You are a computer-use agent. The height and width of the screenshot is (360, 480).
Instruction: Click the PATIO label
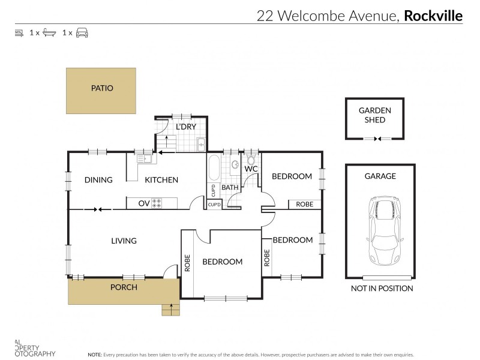coord(102,88)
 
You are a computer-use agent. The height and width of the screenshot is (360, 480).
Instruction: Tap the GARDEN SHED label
coord(375,115)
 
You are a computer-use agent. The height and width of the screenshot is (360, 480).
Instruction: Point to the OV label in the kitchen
coord(144,204)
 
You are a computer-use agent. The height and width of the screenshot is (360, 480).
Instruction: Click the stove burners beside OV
coord(157,204)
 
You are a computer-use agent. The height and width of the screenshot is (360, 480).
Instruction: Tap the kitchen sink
coord(144,159)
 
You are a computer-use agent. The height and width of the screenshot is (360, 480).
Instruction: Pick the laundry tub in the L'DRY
coord(202,144)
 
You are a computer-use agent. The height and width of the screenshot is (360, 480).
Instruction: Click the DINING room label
coord(98,180)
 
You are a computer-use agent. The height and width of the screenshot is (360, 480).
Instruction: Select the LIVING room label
coord(124,241)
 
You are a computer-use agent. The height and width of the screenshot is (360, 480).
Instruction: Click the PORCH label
coord(124,287)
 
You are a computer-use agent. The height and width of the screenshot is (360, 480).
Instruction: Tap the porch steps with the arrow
coord(171,310)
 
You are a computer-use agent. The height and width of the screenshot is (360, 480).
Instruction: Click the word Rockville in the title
coord(433,16)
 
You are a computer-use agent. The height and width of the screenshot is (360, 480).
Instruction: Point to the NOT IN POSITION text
coord(382,289)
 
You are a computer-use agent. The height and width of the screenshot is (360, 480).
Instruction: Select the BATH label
coord(230,188)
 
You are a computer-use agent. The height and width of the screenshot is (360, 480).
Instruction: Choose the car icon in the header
coord(82,32)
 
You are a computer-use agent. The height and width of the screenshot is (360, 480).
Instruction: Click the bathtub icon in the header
coord(49,32)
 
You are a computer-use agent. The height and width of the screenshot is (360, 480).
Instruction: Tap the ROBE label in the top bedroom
coord(305,205)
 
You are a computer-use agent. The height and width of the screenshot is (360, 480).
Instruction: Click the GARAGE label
coord(380,176)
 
